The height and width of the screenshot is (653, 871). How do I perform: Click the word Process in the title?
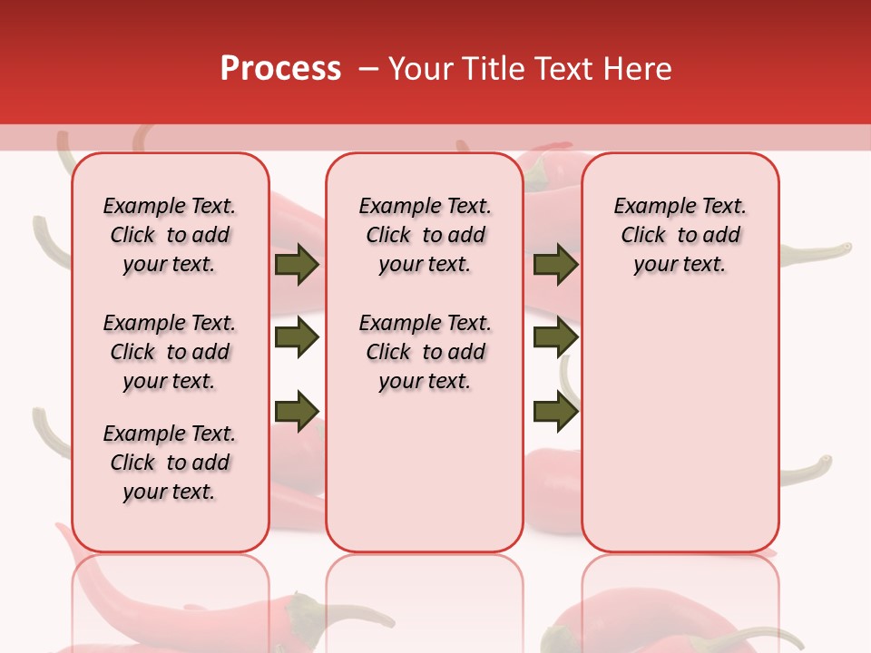coord(280,69)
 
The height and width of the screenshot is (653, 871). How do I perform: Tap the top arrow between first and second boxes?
coord(297,265)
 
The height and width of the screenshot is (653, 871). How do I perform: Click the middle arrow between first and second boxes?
coord(297,338)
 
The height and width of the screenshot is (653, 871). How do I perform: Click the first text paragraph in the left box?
coord(170,235)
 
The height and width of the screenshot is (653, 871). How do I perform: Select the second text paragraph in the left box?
coord(170,352)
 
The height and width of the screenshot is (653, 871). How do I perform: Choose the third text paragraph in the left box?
coord(170,463)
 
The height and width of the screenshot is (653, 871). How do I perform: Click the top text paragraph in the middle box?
coord(425,235)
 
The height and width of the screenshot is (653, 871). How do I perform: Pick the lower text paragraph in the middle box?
coord(425,352)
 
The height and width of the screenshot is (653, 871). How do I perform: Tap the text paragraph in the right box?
coord(680,235)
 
